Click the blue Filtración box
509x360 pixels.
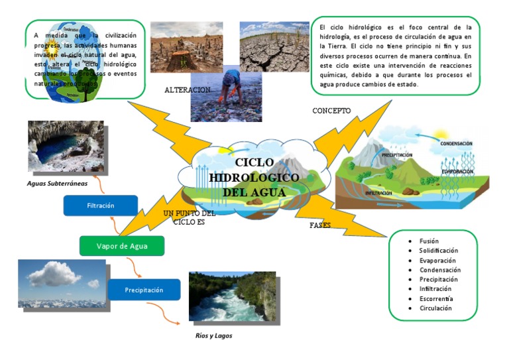(100, 206)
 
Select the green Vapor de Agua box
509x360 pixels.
(121, 246)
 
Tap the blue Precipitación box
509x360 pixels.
(144, 290)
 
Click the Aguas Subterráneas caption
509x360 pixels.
(57, 183)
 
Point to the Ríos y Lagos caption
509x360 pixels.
(213, 335)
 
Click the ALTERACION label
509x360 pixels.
(188, 90)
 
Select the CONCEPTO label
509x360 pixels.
(331, 111)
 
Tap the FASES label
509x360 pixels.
(320, 225)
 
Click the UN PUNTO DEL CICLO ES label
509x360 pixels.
(189, 218)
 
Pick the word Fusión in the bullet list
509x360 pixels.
(429, 241)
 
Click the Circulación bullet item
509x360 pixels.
(435, 308)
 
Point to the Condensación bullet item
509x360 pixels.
(439, 270)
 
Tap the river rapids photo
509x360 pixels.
(231, 296)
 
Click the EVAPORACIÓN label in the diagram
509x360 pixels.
(457, 172)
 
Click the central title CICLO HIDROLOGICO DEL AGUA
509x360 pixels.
(247, 178)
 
